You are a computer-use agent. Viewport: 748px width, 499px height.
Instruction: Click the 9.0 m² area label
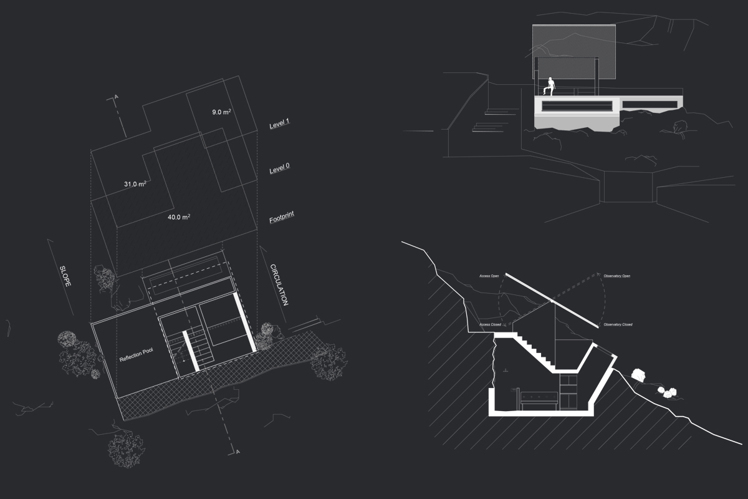[x=221, y=112]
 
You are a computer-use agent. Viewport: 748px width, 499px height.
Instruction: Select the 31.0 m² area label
[x=135, y=185]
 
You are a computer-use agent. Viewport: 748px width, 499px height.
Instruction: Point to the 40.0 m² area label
[x=178, y=218]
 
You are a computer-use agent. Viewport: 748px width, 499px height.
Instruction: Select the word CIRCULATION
[x=279, y=285]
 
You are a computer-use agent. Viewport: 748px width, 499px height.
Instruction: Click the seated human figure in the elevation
[x=549, y=86]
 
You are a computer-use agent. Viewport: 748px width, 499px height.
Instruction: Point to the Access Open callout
[x=489, y=276]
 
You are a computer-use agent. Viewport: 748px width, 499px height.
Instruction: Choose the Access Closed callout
[x=489, y=325]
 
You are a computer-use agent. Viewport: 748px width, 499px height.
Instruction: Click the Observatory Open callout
[x=617, y=276]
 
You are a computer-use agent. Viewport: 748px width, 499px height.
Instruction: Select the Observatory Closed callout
[x=618, y=325]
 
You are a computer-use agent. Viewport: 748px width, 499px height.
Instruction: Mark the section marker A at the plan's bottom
[x=237, y=450]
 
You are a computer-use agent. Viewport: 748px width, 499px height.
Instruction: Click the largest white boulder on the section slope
[x=638, y=375]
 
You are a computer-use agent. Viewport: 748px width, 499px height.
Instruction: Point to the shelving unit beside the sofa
[x=568, y=390]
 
